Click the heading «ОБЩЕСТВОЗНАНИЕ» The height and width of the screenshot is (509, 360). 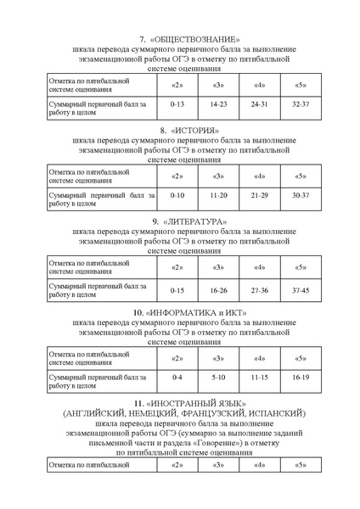(196, 40)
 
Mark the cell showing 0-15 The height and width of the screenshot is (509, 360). (177, 290)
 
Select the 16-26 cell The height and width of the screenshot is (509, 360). (218, 290)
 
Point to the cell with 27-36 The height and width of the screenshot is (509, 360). (259, 290)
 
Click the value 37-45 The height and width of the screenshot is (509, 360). (301, 290)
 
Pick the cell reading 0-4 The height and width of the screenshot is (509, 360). (177, 375)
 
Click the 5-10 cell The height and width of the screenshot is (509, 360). (218, 375)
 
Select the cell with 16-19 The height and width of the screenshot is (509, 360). (301, 375)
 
